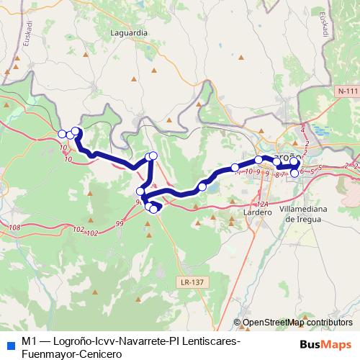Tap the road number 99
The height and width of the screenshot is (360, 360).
pyautogui.click(x=119, y=225)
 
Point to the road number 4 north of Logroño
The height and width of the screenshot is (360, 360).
pyautogui.click(x=302, y=130)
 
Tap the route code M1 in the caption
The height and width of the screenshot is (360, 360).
pyautogui.click(x=29, y=341)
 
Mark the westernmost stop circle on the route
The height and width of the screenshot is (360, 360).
pyautogui.click(x=63, y=133)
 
